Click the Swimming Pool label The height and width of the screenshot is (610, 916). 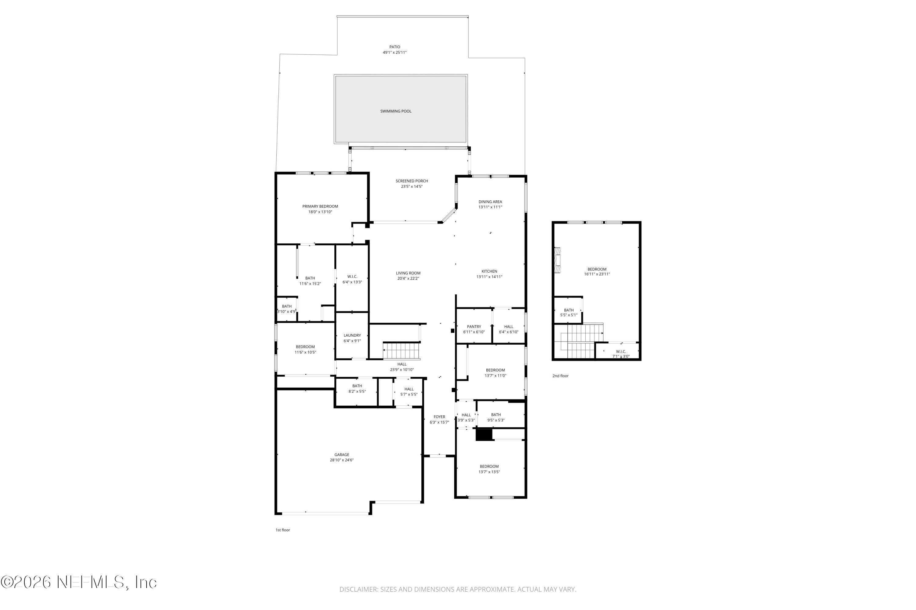coord(396,111)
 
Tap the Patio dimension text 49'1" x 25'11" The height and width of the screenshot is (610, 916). coord(394,52)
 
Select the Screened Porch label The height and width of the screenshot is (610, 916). coord(412,181)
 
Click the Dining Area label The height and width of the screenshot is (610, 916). coord(490,202)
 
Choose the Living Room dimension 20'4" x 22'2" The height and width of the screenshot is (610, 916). coord(408,278)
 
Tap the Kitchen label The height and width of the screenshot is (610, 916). coord(489,271)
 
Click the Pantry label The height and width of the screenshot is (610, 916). coord(474,327)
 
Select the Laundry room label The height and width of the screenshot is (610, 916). coord(352,335)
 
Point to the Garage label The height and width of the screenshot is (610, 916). coord(342,455)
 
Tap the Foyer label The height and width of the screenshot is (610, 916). coord(439,417)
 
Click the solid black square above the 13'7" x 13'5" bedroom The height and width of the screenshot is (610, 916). coord(484,435)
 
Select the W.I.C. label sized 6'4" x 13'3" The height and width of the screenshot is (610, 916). coord(352,277)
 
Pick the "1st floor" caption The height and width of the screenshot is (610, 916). coord(283,530)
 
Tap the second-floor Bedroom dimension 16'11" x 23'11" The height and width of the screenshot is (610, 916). coord(597,274)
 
